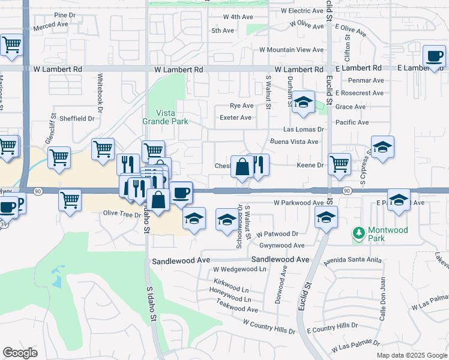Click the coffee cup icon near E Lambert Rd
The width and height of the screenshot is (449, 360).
[433, 56]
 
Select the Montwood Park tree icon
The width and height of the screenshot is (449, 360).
[358, 232]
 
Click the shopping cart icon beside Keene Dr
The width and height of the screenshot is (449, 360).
[340, 163]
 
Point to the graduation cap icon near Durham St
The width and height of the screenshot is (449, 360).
[304, 103]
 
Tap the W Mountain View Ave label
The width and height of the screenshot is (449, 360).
[291, 50]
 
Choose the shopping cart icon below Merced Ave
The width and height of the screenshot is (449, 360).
[11, 45]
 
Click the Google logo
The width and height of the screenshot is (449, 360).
[20, 352]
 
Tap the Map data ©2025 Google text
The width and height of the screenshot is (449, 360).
[412, 355]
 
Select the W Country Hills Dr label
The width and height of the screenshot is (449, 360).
[269, 326]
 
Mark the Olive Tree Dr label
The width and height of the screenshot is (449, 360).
[122, 214]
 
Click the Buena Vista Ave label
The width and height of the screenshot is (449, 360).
[294, 142]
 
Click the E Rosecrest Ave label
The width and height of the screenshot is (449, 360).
[360, 93]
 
